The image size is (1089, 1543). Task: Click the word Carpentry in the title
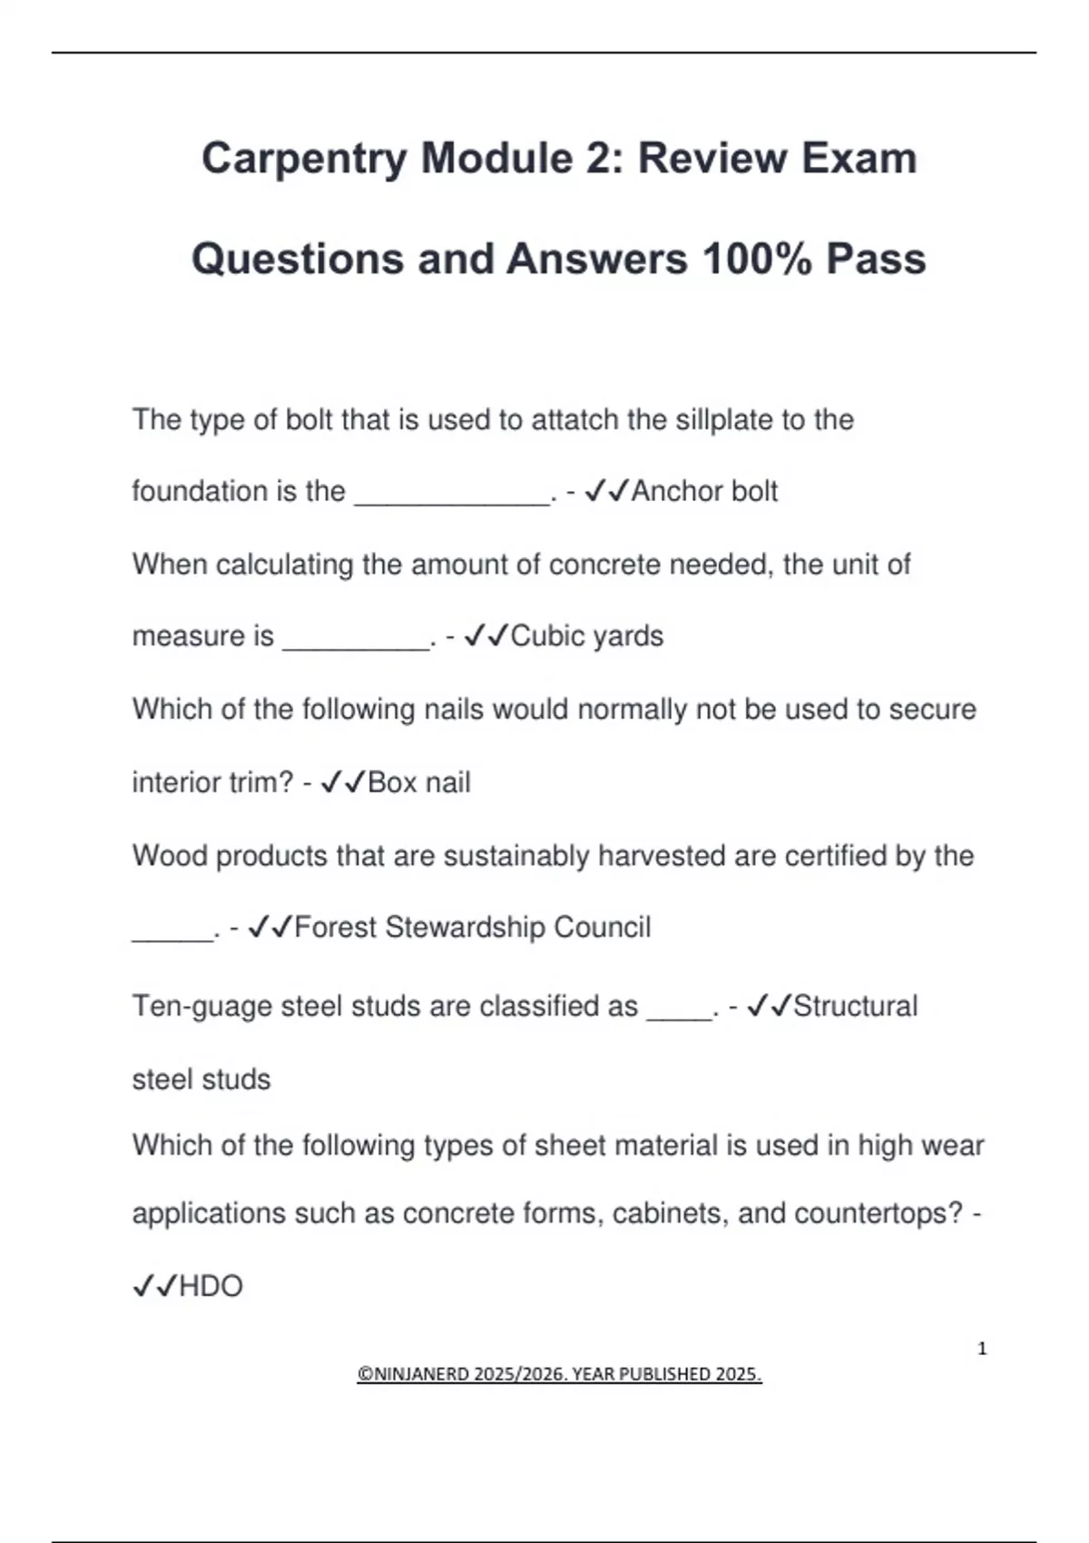[x=304, y=159]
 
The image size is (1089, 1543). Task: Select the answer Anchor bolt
[x=704, y=491]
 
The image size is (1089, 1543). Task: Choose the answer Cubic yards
[x=586, y=636]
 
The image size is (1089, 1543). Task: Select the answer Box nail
[x=418, y=782]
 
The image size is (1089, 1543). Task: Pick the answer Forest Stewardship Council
[x=473, y=928]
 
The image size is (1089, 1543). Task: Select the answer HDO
[x=211, y=1286]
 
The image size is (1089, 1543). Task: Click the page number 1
[x=982, y=1349]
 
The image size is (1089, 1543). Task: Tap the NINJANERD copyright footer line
[x=559, y=1374]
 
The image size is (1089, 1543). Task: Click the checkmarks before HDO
[x=154, y=1286]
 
